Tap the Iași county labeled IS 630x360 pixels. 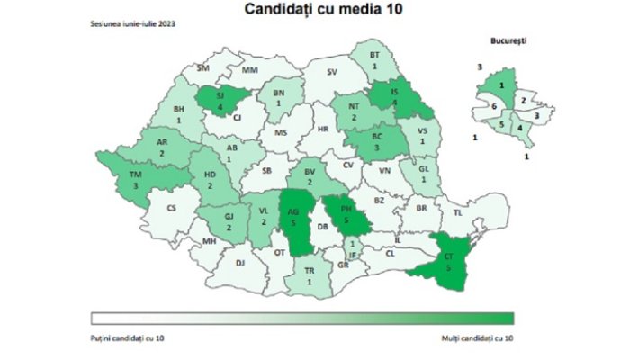click(x=394, y=97)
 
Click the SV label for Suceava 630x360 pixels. click(x=332, y=72)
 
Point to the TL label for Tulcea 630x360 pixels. click(x=457, y=214)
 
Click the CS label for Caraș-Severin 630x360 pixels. click(x=172, y=209)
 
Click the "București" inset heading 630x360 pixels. click(x=508, y=41)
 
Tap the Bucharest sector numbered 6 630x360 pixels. click(x=494, y=106)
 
